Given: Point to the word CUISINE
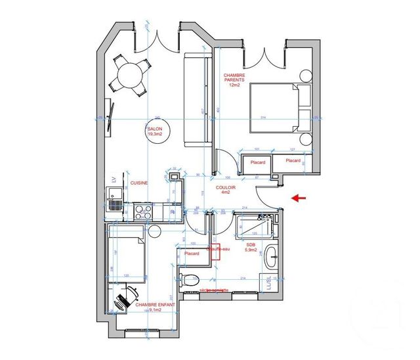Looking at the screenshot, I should click(x=138, y=183).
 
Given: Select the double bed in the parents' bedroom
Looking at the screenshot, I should click(x=279, y=108).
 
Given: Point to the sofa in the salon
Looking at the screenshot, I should click(x=198, y=100).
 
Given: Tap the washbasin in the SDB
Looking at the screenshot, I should click(x=270, y=256).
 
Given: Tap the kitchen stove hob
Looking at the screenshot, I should click(x=142, y=212).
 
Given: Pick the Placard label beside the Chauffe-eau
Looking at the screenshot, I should click(x=192, y=254).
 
